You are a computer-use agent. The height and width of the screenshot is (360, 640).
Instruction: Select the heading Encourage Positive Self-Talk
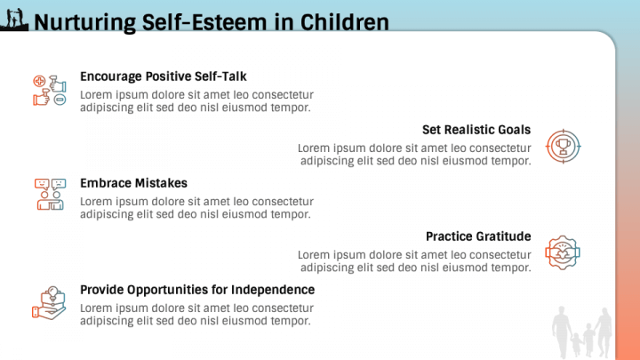pos(163,76)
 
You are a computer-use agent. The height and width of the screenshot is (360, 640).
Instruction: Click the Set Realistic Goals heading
pos(476,130)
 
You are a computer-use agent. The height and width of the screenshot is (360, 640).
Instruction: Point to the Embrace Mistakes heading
pos(133,183)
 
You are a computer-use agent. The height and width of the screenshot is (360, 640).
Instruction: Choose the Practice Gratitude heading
pos(478,236)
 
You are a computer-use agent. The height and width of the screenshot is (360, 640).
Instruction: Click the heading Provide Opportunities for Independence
pos(197,290)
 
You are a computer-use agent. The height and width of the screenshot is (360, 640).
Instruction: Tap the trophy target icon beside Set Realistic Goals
pos(562,144)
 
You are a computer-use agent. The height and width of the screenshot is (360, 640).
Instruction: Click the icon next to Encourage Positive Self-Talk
pos(50,91)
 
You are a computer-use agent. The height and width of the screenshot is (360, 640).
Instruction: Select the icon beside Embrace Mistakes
pos(50,194)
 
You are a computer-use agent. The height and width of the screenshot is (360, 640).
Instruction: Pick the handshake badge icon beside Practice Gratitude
pos(562,252)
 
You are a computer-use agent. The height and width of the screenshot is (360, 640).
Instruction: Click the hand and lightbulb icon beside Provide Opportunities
pos(49,302)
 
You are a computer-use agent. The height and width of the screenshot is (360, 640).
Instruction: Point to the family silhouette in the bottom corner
pos(582,332)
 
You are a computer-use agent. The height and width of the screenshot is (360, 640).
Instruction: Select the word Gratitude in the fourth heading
pos(503,236)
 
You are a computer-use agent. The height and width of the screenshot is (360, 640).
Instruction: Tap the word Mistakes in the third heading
pos(160,183)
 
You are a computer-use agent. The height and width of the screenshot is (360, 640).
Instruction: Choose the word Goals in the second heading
pos(514,130)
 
